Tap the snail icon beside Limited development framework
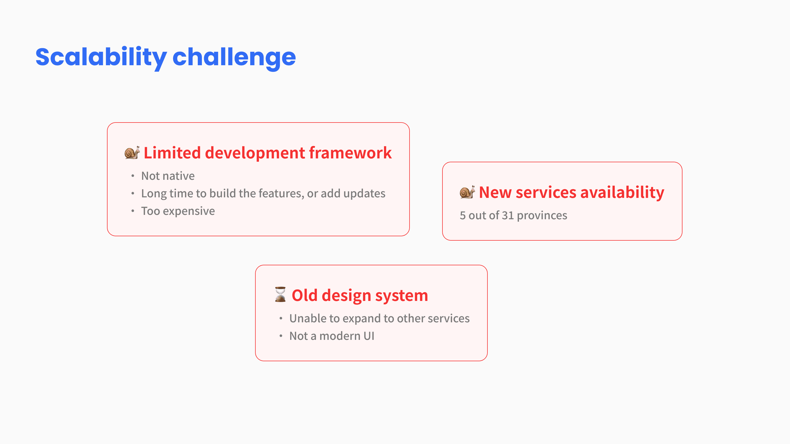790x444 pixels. click(132, 152)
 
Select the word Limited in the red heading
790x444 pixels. click(172, 153)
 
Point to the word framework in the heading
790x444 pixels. click(350, 153)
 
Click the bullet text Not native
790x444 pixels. click(168, 176)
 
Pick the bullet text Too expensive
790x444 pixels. click(178, 211)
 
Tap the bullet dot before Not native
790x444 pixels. click(132, 176)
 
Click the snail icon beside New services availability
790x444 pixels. click(467, 192)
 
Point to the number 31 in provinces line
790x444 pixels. click(508, 215)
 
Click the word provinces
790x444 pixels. click(542, 216)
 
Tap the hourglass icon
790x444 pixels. click(280, 294)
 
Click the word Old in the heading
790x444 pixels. click(304, 295)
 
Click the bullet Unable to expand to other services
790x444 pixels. click(379, 319)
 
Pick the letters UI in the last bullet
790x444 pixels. click(369, 336)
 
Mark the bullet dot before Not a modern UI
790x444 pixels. click(281, 336)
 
